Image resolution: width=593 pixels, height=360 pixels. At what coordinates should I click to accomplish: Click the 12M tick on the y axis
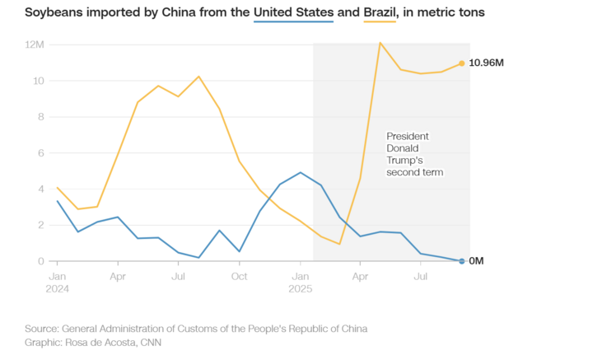(x=35, y=44)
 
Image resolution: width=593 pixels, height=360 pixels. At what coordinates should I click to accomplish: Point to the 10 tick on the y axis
(x=38, y=81)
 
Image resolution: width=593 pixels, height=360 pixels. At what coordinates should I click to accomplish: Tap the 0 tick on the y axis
(x=40, y=261)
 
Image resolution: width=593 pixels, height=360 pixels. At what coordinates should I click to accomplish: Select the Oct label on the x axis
(x=239, y=276)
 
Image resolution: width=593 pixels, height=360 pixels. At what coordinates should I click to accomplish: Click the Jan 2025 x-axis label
(x=301, y=282)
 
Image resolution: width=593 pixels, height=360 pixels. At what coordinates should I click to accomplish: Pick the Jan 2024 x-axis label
(x=58, y=282)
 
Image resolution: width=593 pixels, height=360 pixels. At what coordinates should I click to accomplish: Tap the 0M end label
(x=476, y=261)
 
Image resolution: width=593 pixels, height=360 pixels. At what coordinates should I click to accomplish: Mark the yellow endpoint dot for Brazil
(x=461, y=63)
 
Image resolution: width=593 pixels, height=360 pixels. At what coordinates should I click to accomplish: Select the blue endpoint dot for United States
(x=461, y=261)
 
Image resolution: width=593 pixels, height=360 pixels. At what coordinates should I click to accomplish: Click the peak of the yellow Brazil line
(x=380, y=42)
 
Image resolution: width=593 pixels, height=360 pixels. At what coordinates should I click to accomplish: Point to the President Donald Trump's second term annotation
(x=415, y=154)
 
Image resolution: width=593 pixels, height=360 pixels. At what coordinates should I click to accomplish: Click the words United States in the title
(x=293, y=12)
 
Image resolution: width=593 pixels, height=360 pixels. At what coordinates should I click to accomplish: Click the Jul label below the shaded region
(x=420, y=276)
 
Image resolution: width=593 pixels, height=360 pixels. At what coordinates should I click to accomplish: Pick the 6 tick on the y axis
(x=40, y=152)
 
